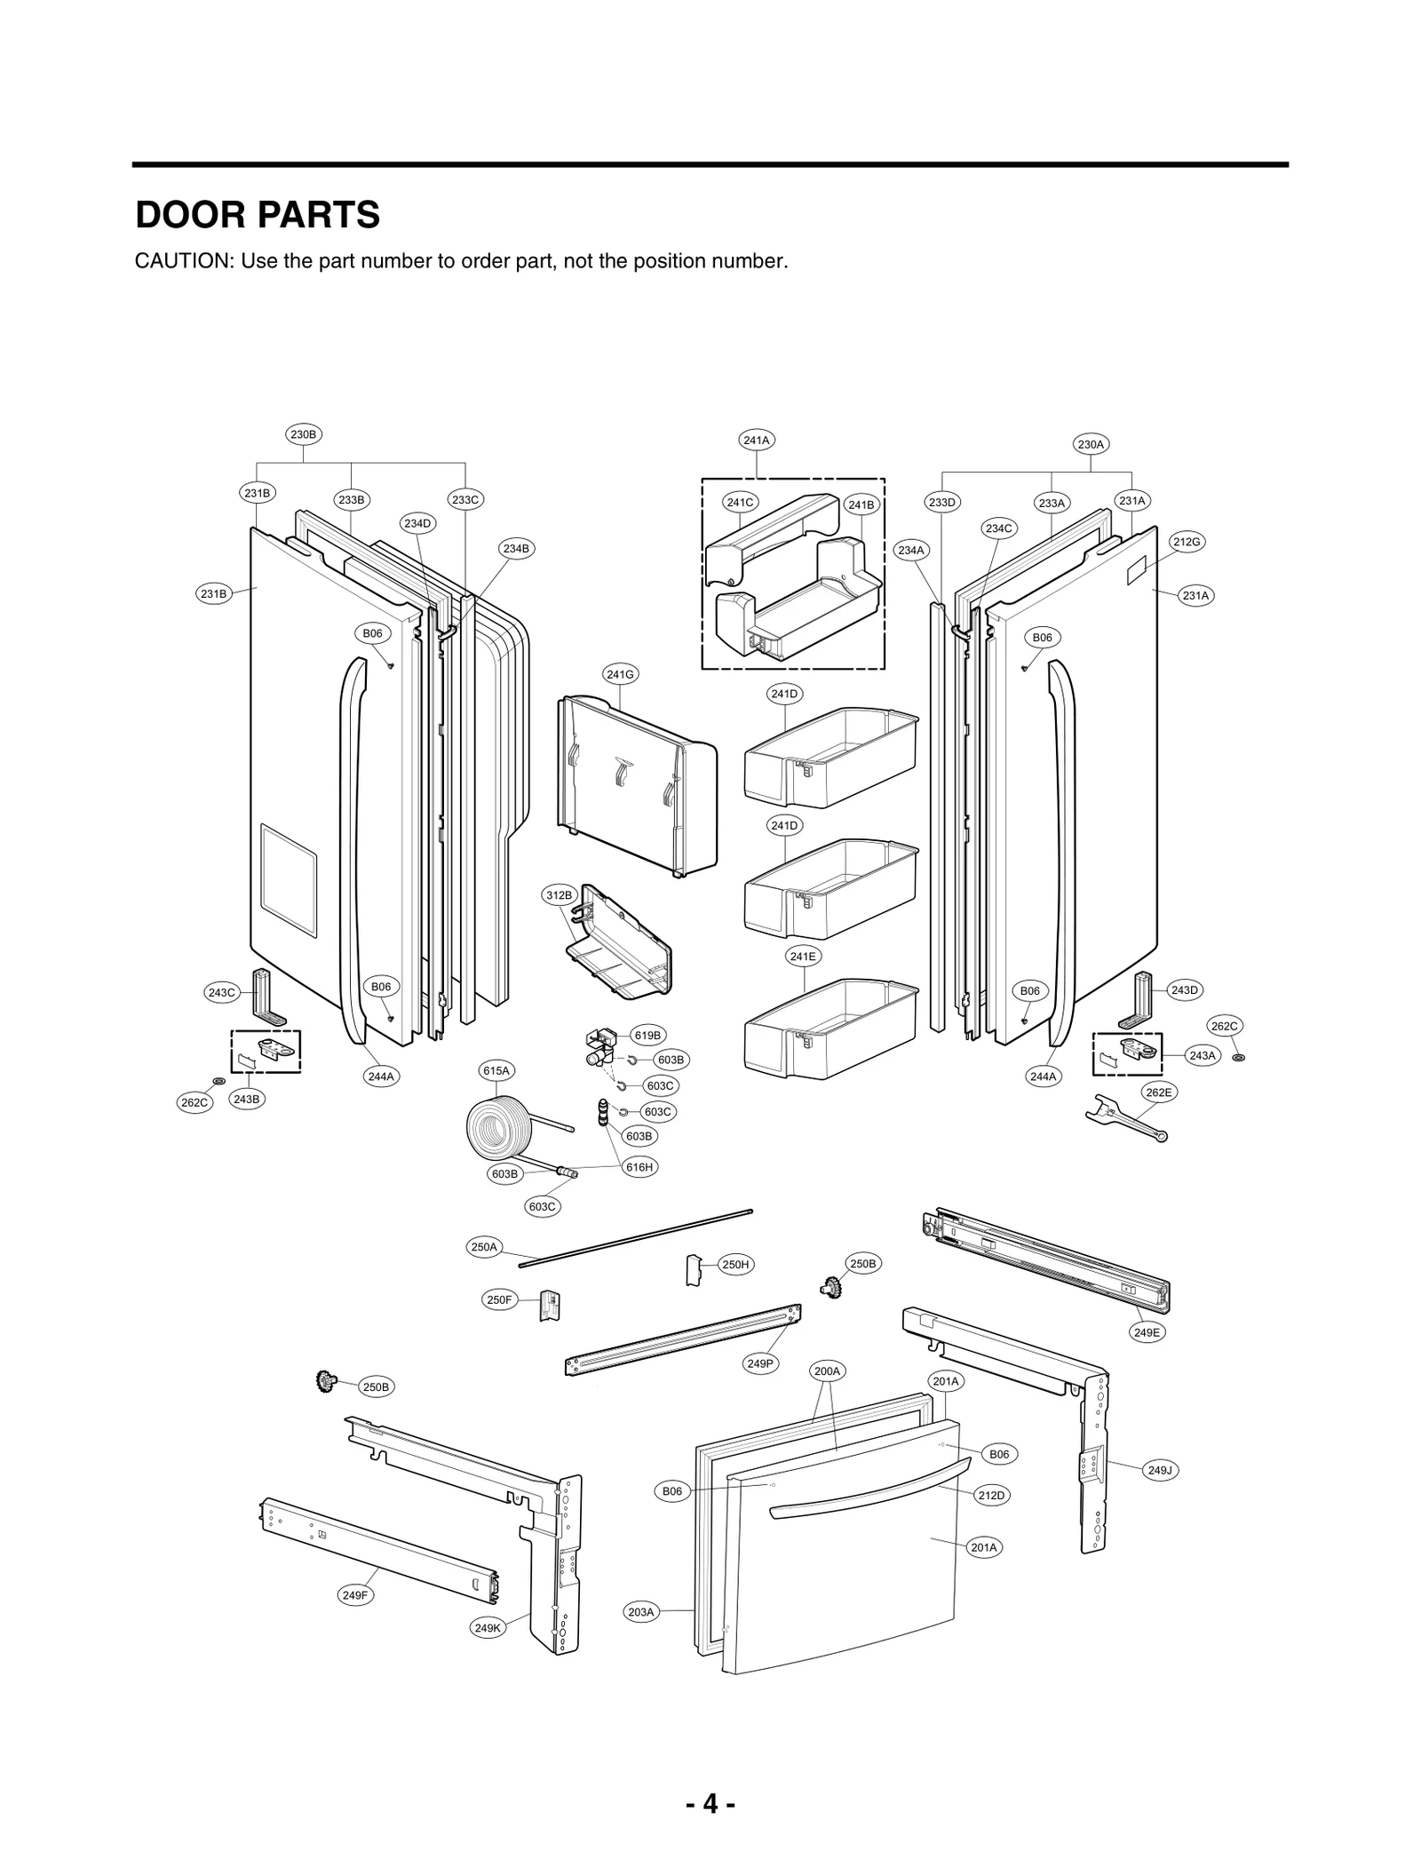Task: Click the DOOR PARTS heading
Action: coord(258,216)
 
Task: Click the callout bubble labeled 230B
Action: coord(303,434)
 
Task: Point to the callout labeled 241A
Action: coord(756,440)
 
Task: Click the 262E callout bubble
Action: coord(1158,1092)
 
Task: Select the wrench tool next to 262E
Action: coord(1124,1117)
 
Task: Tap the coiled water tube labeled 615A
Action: coord(499,1128)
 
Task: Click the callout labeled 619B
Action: coord(647,1035)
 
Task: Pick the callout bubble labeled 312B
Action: coord(559,895)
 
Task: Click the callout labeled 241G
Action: coord(620,674)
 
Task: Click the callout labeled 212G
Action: coord(1187,542)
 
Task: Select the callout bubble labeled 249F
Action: coord(354,1595)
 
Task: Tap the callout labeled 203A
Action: coord(640,1612)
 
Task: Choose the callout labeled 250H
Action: coord(735,1265)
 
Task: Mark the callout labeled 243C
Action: coord(221,992)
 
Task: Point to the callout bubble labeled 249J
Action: coord(1159,1470)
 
